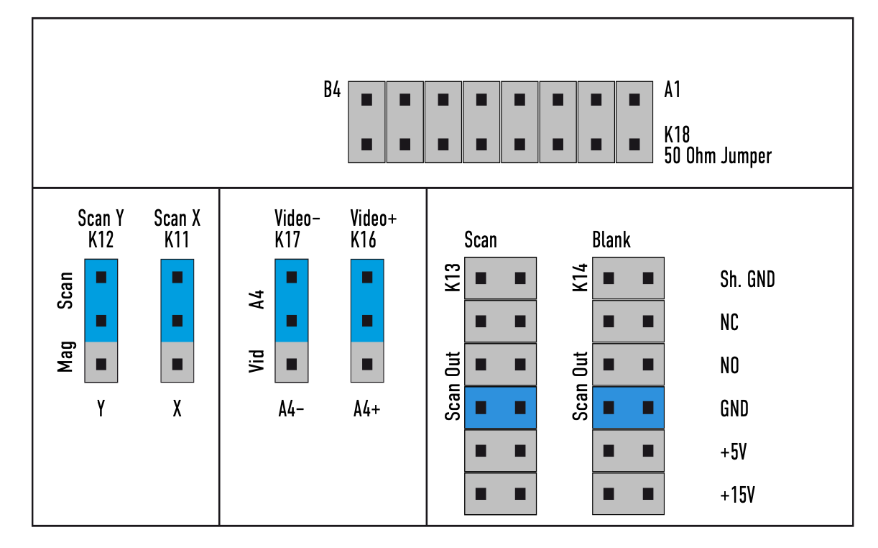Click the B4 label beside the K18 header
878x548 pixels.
(x=332, y=89)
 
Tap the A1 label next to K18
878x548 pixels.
(x=673, y=89)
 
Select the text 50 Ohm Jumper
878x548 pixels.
(x=718, y=156)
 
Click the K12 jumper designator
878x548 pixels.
(x=101, y=239)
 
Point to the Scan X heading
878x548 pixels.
(x=177, y=218)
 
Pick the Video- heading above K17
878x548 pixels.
(x=297, y=218)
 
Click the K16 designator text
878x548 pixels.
(x=364, y=239)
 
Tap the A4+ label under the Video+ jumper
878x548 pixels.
(x=367, y=409)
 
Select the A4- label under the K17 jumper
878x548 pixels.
(x=291, y=409)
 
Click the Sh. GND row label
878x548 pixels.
(x=747, y=279)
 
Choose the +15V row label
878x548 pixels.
(x=738, y=494)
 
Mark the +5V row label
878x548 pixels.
(x=734, y=451)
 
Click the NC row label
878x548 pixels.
(x=729, y=322)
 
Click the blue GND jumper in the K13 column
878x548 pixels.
(x=501, y=408)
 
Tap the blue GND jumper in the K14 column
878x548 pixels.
(x=628, y=408)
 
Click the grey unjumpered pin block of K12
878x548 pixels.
(x=101, y=362)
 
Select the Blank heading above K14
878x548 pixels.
(x=611, y=239)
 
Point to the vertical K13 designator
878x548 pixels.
(x=453, y=278)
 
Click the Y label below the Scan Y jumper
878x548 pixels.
(x=101, y=409)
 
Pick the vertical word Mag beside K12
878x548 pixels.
(x=65, y=357)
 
